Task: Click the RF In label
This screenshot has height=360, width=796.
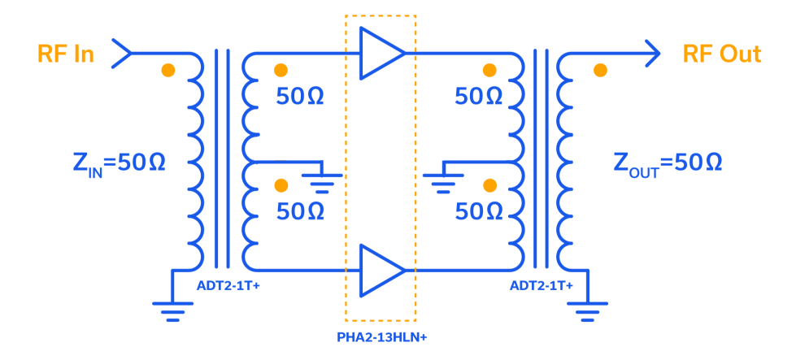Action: point(66,54)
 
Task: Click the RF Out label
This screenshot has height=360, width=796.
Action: point(722,54)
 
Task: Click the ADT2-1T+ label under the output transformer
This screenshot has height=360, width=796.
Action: point(542,286)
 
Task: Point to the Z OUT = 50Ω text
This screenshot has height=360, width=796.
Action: point(668,163)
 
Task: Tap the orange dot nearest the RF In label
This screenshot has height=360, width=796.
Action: point(168,70)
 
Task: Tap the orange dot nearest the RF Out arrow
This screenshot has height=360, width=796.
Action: point(600,70)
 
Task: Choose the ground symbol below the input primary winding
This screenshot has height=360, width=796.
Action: point(172,310)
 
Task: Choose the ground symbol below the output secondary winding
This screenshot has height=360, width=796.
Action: point(587,310)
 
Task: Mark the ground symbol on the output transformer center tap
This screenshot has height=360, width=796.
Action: point(442,182)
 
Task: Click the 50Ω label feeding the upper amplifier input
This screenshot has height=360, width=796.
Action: point(300,97)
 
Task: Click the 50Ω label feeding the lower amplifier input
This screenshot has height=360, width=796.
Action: point(300,212)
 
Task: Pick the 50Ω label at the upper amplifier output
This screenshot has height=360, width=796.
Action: point(479,97)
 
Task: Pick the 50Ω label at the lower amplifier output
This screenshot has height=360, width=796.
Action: point(479,212)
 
